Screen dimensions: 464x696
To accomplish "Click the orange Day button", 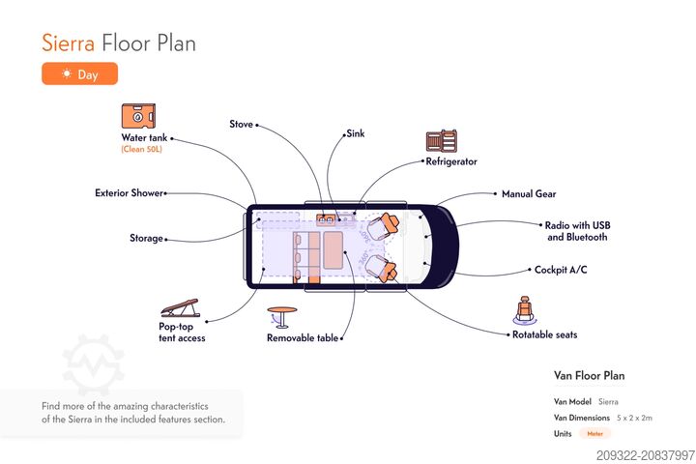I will pyautogui.click(x=79, y=73).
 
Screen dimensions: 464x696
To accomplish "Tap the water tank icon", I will pyautogui.click(x=139, y=117).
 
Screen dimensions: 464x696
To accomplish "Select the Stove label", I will pyautogui.click(x=241, y=125).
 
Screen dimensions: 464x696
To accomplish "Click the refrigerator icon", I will pyautogui.click(x=441, y=141).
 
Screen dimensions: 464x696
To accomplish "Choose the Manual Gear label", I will pyautogui.click(x=528, y=194).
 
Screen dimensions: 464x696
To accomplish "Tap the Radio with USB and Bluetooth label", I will pyautogui.click(x=577, y=231).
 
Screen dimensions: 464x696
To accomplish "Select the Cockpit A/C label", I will pyautogui.click(x=561, y=270).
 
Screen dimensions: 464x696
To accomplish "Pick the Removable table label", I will pyautogui.click(x=303, y=338).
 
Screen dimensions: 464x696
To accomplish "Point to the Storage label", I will pyautogui.click(x=146, y=238).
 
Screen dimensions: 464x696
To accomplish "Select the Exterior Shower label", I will pyautogui.click(x=129, y=193).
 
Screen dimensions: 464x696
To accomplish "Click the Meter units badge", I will pyautogui.click(x=594, y=434).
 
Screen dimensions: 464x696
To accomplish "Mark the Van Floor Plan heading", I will pyautogui.click(x=589, y=375).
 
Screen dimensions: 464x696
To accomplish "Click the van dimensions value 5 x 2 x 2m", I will pyautogui.click(x=635, y=418).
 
